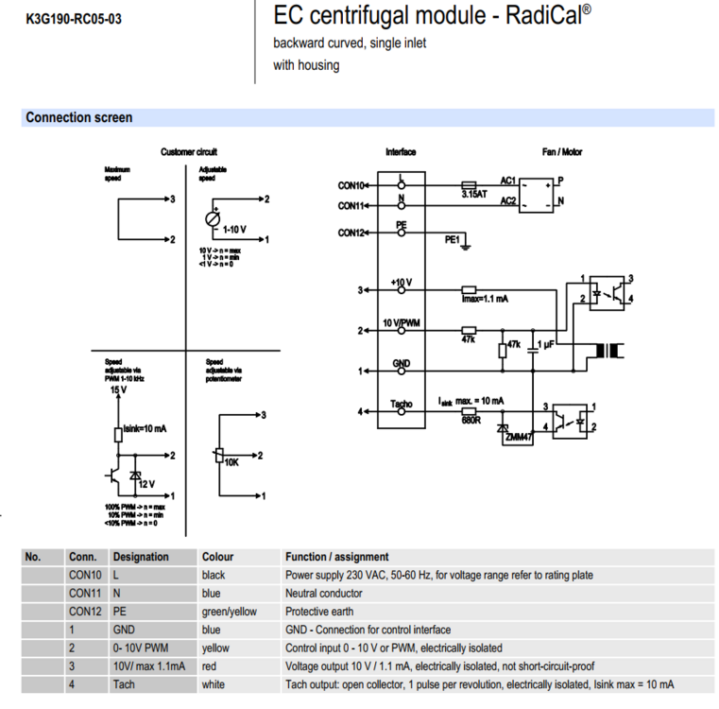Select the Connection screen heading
click(79, 118)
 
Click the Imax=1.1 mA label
click(485, 299)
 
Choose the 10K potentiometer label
click(231, 462)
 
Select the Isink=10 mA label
click(145, 428)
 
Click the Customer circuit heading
click(189, 151)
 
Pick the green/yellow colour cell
click(229, 612)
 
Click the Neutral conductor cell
click(323, 594)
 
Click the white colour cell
click(214, 684)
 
